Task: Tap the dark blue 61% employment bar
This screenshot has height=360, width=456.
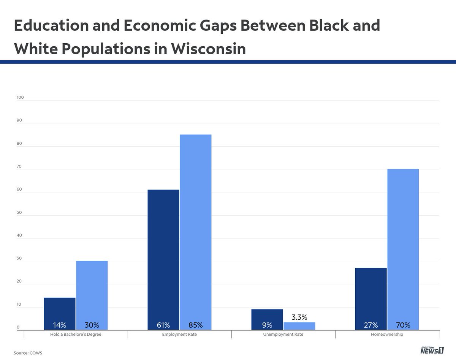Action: point(163,258)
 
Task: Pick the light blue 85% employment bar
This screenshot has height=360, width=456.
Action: point(195,232)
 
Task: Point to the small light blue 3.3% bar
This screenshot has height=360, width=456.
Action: point(299,326)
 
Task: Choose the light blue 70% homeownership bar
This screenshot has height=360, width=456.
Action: point(403,247)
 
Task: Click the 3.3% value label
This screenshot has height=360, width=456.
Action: point(299,317)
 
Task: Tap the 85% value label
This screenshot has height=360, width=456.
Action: point(195,325)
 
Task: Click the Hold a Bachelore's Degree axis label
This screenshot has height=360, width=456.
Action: point(76,335)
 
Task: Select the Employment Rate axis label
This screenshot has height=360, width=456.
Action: point(179,335)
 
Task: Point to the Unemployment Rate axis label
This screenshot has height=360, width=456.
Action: point(283,335)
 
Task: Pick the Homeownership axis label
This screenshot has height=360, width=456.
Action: point(387,335)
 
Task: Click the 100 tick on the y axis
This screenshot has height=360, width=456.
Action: point(20,98)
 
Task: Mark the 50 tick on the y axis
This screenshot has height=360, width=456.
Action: point(19,213)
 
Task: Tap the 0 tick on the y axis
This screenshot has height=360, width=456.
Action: point(18,328)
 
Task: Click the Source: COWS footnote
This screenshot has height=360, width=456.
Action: point(28,353)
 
